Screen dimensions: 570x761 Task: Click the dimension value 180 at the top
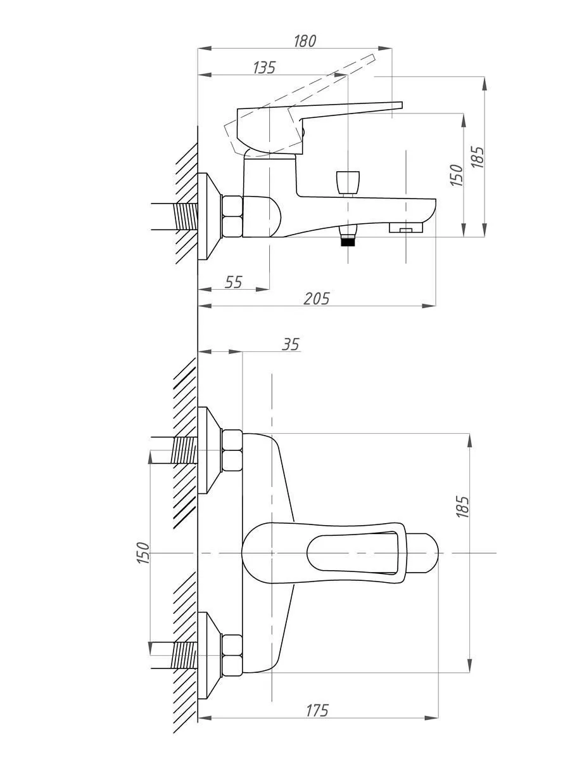(x=305, y=41)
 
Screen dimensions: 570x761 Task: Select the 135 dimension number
(x=264, y=68)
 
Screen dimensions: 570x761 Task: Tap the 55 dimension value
(x=233, y=282)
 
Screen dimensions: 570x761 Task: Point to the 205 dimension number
(x=316, y=299)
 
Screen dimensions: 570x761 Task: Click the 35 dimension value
(x=290, y=344)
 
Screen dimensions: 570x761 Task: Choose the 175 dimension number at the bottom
(x=317, y=711)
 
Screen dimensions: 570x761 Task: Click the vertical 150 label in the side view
(x=457, y=175)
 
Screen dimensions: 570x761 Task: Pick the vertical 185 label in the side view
(x=478, y=157)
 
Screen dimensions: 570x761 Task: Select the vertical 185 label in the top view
(x=462, y=507)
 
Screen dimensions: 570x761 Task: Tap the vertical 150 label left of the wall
(x=143, y=553)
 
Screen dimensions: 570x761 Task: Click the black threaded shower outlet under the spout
(x=348, y=242)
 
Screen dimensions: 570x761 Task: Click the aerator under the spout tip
(x=405, y=228)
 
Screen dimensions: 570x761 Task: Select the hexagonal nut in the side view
(x=232, y=216)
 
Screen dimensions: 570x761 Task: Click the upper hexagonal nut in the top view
(x=232, y=450)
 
